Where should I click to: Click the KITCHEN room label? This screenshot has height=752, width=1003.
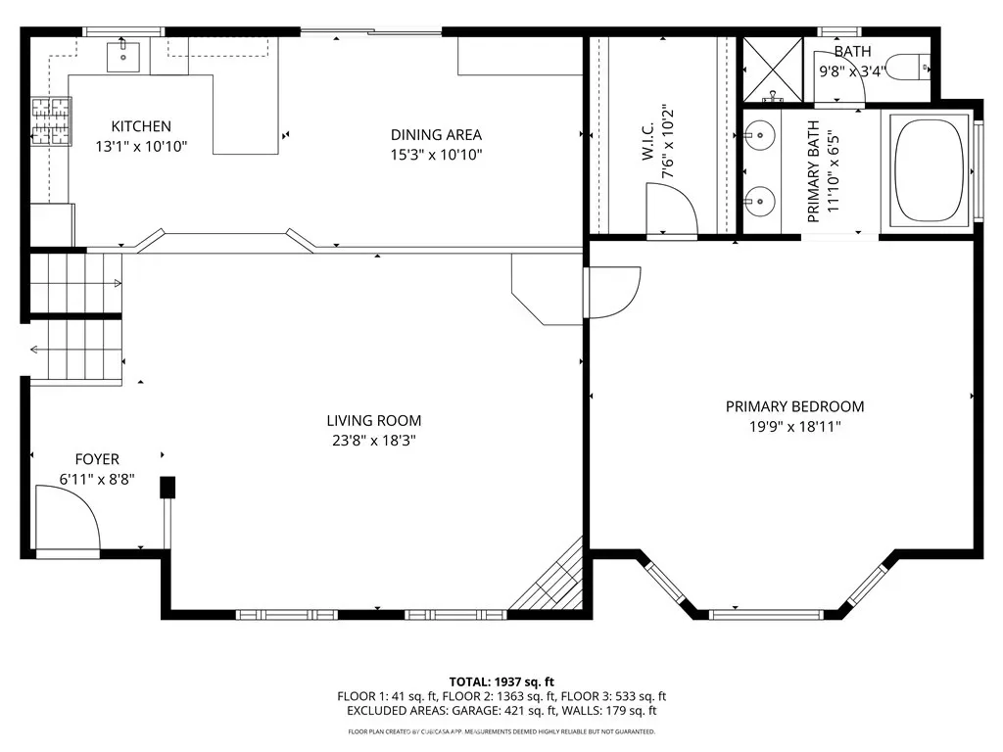point(141,126)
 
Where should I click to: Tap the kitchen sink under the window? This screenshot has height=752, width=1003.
point(123,56)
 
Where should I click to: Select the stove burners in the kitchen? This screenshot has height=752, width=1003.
point(51,121)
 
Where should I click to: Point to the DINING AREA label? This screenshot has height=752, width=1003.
point(436,135)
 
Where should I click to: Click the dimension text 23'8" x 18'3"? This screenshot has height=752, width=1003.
point(373,440)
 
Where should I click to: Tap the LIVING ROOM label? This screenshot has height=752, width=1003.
point(373,421)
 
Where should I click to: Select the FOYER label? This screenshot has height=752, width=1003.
point(97,459)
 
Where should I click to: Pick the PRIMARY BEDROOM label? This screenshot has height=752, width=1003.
point(794,406)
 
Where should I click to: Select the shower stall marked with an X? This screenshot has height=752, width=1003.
point(773,70)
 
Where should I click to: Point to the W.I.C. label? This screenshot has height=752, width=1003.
point(647,142)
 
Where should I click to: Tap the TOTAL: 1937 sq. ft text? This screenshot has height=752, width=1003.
point(501,681)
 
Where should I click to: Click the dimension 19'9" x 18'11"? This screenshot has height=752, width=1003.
point(794,427)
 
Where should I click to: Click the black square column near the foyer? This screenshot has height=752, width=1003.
point(167,488)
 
